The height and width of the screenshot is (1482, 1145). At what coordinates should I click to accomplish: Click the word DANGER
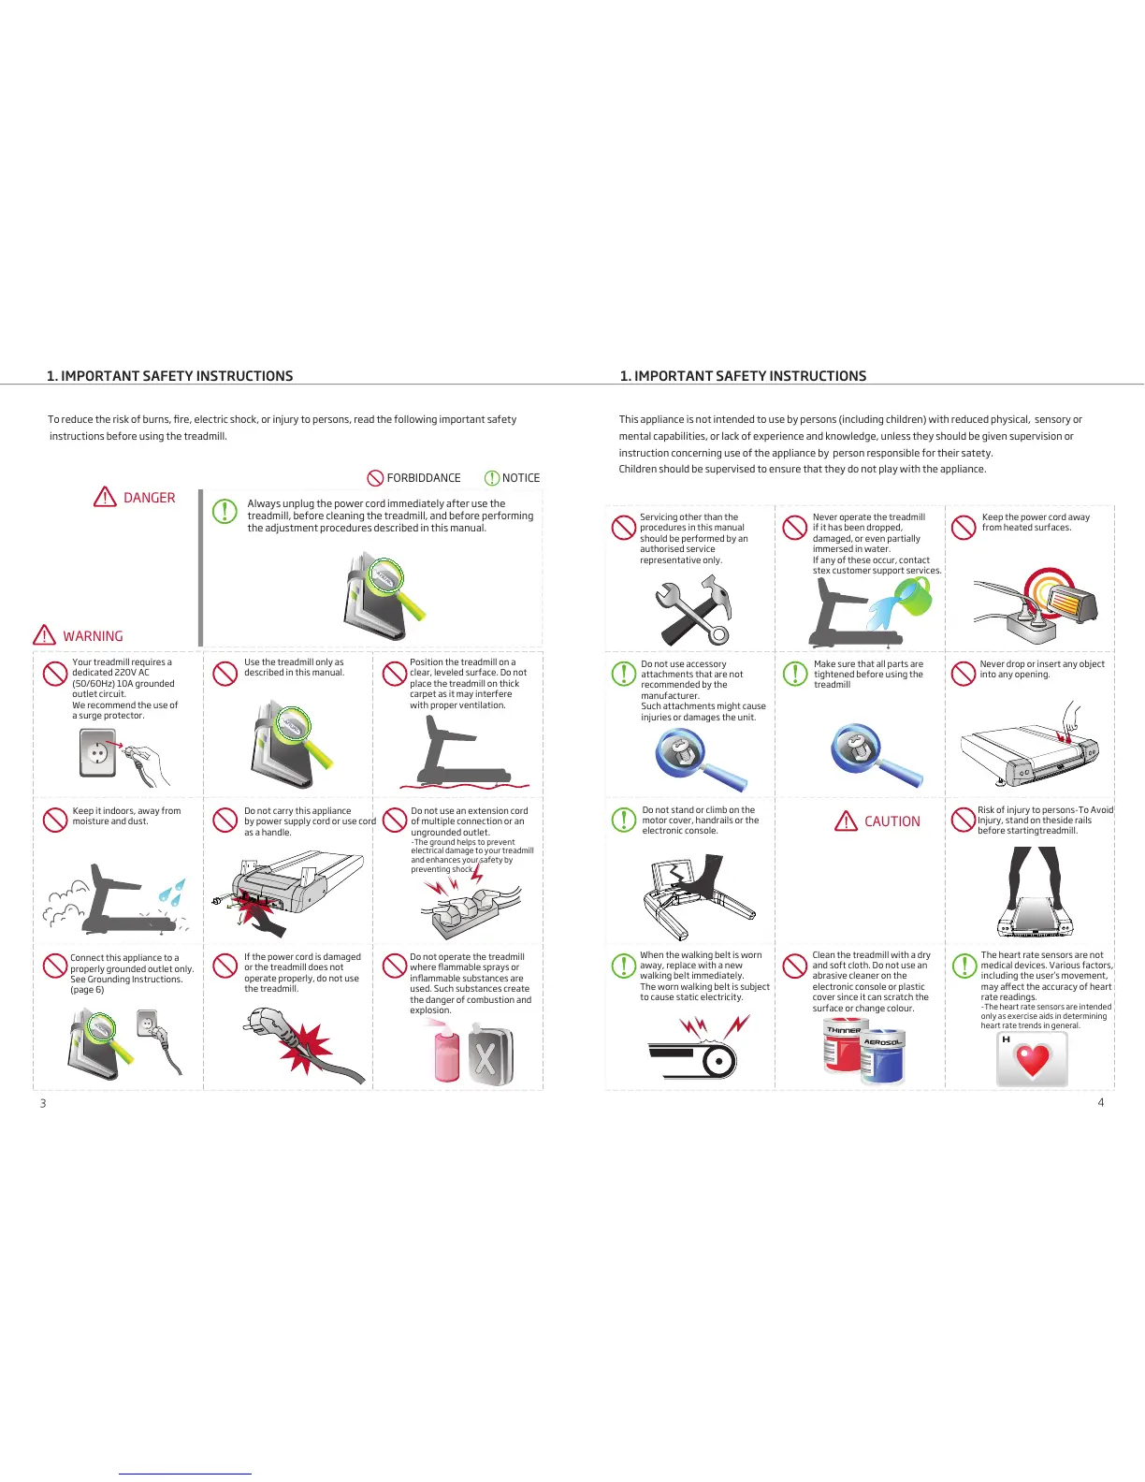point(149,498)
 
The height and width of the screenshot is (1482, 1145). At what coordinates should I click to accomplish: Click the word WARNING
point(93,636)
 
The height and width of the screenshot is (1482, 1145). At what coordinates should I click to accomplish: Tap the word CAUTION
point(891,821)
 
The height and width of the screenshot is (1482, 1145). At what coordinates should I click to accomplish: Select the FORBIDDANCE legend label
point(423,478)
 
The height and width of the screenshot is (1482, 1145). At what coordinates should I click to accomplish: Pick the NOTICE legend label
point(520,478)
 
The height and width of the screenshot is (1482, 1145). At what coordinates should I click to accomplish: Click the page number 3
point(43,1103)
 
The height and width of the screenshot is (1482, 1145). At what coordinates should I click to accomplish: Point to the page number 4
point(1100,1102)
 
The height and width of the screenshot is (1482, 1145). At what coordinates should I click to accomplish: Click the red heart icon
point(1033,1061)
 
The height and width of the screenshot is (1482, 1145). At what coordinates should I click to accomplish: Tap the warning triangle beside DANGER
point(105,497)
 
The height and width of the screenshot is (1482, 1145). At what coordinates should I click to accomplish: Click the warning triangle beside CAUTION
point(846,821)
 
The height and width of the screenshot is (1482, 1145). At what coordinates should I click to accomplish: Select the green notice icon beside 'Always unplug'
point(225,511)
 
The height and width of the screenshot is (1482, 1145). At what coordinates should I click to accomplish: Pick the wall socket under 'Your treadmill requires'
point(98,752)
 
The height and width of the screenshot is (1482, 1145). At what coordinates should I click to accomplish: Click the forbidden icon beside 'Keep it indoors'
point(55,820)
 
